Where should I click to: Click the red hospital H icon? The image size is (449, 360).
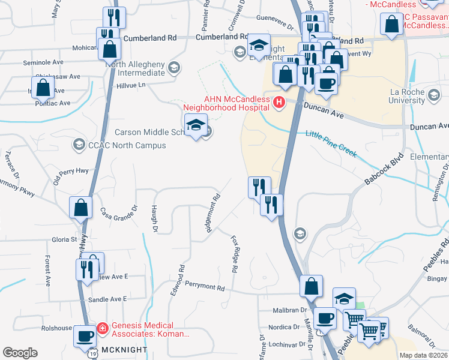tap(279, 103)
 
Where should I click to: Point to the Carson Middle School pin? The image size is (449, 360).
tap(196, 126)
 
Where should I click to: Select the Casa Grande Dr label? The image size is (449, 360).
tap(119, 212)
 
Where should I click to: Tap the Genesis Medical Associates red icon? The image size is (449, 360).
tap(102, 328)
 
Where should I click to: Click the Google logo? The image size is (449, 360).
tap(20, 353)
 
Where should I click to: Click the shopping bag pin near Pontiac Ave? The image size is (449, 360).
tap(44, 89)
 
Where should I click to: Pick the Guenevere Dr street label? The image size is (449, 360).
tap(274, 26)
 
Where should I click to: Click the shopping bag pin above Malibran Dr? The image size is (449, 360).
tap(311, 286)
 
